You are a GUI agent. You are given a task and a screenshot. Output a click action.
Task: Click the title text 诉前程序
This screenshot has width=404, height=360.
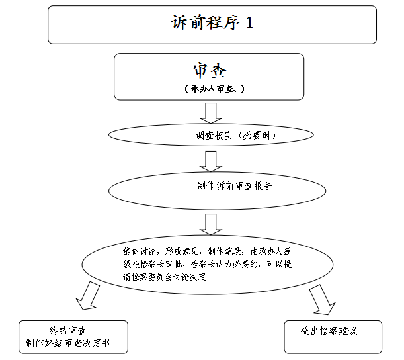pos(206,22)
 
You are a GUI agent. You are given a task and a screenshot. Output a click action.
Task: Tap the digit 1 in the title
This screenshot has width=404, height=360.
pos(249,22)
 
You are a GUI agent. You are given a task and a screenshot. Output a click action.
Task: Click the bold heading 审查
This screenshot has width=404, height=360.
pos(210,71)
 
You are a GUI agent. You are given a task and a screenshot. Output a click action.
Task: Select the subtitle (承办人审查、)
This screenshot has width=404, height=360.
pos(214,89)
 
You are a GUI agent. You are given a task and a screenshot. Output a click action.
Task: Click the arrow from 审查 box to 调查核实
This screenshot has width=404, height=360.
pos(211,113)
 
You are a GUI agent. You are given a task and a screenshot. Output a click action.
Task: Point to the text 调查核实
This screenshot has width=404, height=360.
pos(214,136)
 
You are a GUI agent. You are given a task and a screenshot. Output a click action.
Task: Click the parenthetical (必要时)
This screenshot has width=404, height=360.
pos(256,136)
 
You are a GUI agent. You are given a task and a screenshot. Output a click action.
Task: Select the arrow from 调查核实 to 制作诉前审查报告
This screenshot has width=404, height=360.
pos(211,161)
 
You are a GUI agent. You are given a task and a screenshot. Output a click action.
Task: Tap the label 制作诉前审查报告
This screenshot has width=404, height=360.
pos(235,186)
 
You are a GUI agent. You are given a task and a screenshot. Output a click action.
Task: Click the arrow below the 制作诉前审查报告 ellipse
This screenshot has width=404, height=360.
pos(211,224)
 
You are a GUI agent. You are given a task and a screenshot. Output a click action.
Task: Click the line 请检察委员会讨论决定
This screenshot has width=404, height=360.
pos(165,277)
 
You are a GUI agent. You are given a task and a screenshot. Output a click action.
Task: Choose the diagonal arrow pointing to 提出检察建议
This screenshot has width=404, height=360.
pos(322,300)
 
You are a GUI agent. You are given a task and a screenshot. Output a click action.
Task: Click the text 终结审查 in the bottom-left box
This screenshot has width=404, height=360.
pos(68,331)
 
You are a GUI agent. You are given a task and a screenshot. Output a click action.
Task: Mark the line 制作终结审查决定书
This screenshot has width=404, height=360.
pos(68,343)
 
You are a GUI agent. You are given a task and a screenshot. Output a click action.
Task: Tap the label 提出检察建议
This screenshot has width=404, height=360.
pos(329,331)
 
